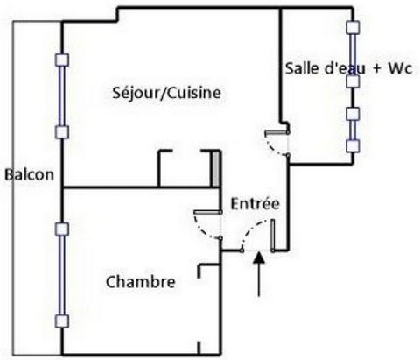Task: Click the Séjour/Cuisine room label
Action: click(x=166, y=93)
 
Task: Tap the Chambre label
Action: click(x=140, y=282)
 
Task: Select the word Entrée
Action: click(x=255, y=203)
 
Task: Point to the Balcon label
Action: click(x=30, y=174)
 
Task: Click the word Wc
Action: click(x=400, y=68)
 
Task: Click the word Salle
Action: click(x=302, y=68)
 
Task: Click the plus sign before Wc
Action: click(x=377, y=69)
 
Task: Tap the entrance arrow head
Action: click(x=259, y=258)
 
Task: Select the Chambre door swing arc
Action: click(x=203, y=230)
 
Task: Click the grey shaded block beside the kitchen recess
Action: click(x=215, y=169)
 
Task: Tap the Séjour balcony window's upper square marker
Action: click(x=62, y=60)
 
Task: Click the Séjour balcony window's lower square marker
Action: click(x=62, y=132)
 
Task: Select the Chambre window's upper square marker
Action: click(x=62, y=229)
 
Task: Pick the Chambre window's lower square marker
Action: click(x=62, y=321)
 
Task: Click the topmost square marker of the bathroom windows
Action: click(x=353, y=27)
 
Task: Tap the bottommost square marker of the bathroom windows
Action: click(x=353, y=146)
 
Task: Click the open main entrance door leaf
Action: click(x=272, y=235)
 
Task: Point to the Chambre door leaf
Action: click(x=207, y=212)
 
